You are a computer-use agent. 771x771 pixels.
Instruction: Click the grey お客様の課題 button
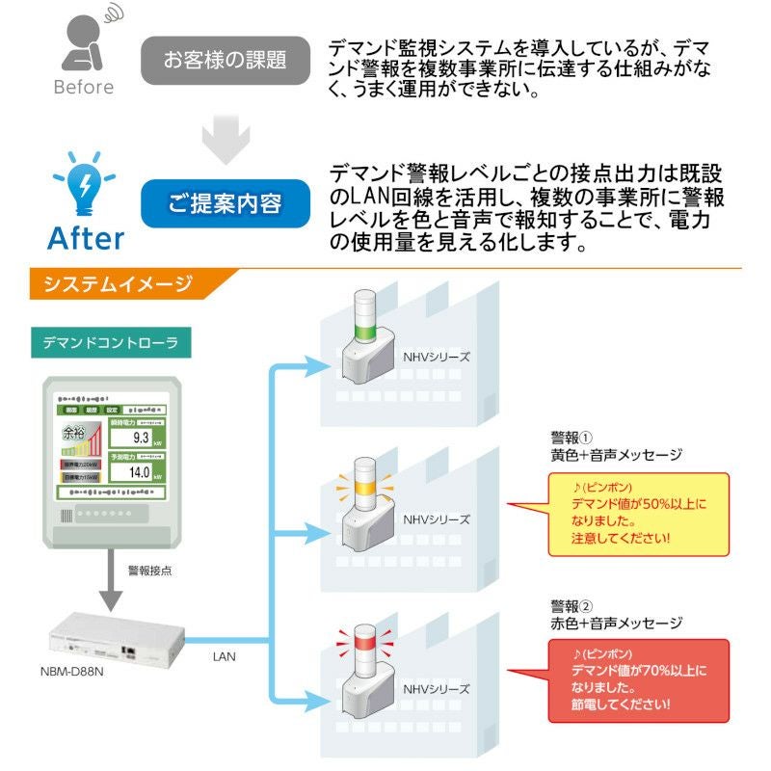pos(226,61)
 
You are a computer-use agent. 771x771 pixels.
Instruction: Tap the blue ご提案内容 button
pos(226,203)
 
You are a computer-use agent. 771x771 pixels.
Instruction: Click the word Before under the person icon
pos(83,87)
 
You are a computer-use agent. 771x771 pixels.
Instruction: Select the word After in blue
pos(85,237)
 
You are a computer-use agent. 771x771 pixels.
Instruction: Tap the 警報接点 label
pos(149,571)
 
